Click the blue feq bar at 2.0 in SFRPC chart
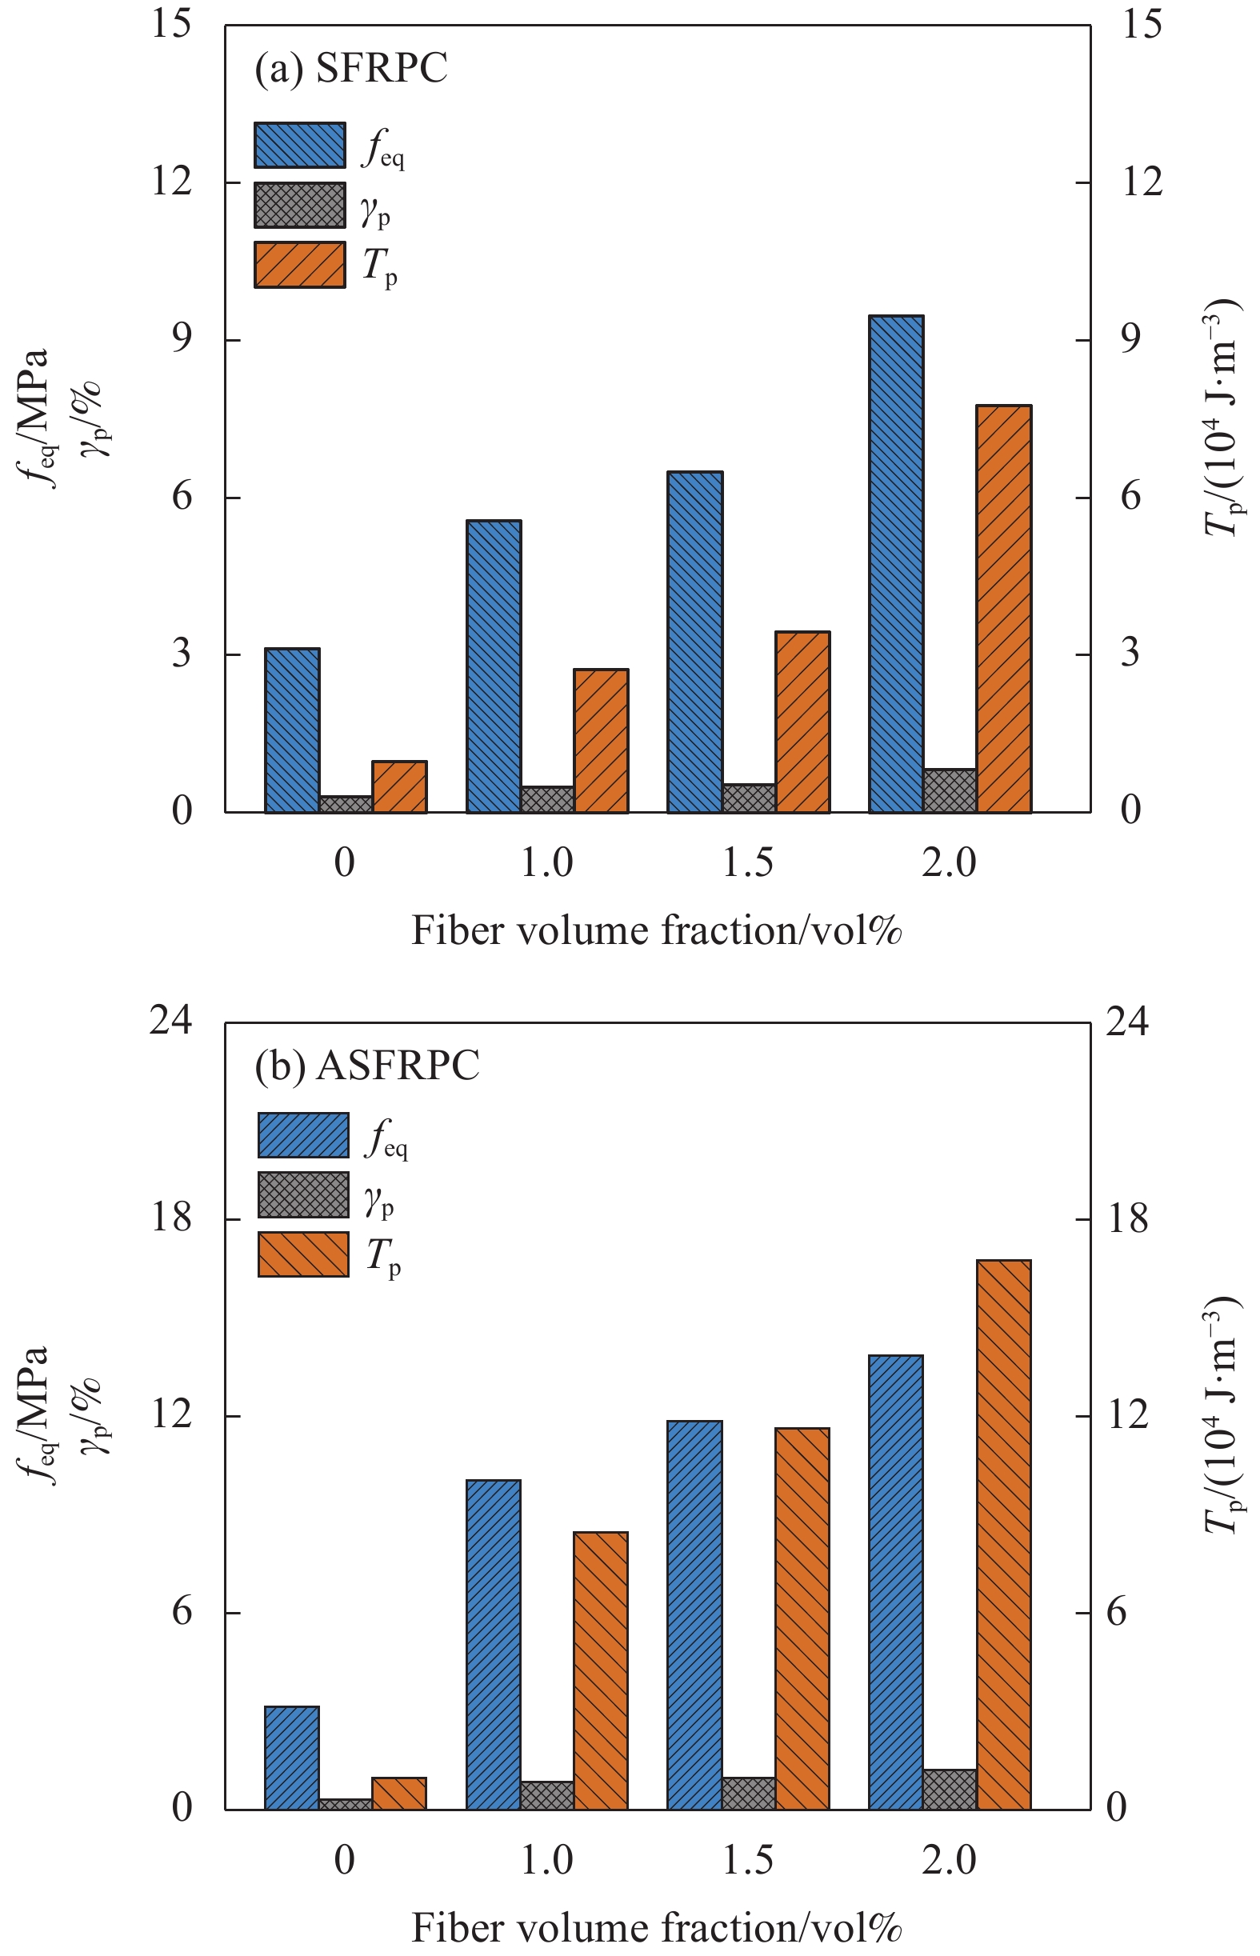point(896,564)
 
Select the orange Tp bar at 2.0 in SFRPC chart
point(1004,609)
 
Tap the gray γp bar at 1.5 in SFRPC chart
point(749,798)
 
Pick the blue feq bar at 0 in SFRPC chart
point(292,730)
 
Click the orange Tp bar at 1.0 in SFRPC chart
point(601,740)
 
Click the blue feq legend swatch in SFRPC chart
point(299,146)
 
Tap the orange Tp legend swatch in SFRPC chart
point(299,265)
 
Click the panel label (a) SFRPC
point(351,68)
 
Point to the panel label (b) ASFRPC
point(366,1066)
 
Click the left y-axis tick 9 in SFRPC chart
point(182,338)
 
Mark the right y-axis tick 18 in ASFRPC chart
point(1126,1220)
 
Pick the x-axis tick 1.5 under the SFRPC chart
point(748,862)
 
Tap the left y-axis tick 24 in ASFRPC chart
point(170,1022)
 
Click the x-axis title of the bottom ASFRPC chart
point(656,1927)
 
